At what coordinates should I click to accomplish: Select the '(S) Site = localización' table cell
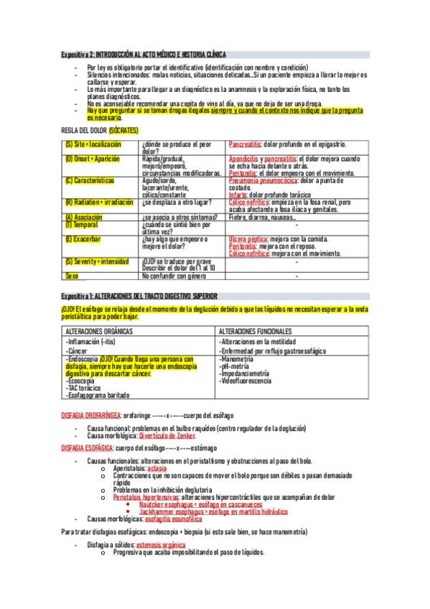(x=93, y=144)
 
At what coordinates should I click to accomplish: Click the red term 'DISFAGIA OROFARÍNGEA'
(x=92, y=415)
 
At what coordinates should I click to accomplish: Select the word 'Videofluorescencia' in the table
(x=247, y=380)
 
